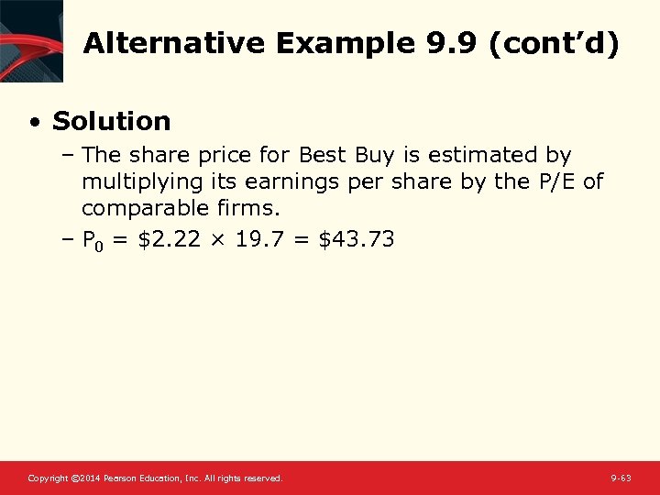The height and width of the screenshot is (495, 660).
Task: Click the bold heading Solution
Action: coord(112,121)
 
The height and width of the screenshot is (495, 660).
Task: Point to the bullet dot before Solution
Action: coord(34,122)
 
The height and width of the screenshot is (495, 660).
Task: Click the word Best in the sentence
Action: coord(320,156)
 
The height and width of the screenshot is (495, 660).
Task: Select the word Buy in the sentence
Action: coord(371,156)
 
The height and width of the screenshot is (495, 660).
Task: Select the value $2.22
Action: coord(159,240)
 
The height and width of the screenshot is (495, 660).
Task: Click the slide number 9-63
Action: coord(621,478)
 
